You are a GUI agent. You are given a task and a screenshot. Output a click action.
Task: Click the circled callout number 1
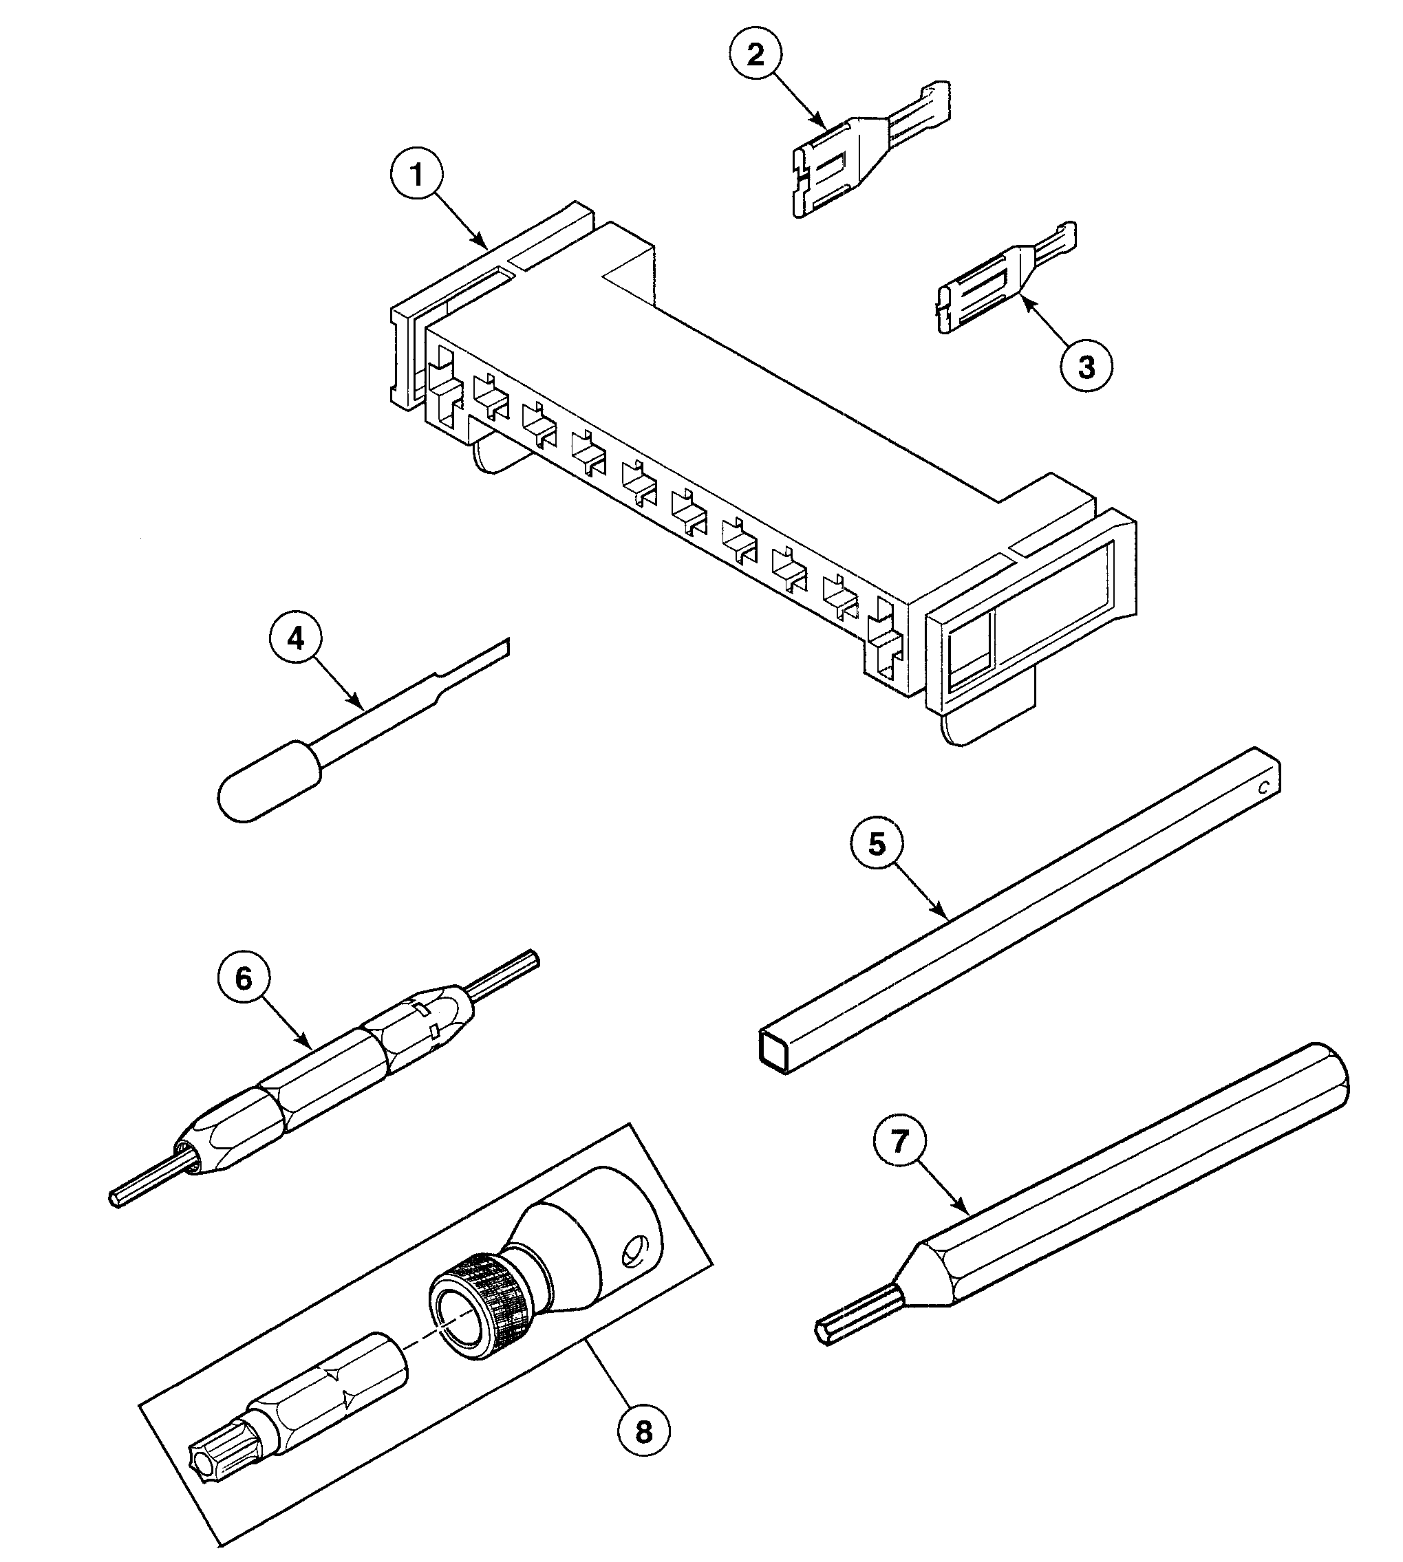coord(416,175)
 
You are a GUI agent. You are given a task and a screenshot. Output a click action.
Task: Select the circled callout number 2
coord(756,55)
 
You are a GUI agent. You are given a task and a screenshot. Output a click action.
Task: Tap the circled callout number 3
coord(1085,367)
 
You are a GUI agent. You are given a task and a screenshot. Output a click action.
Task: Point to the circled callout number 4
coord(296,640)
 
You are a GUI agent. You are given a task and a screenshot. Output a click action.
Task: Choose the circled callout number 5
coord(877,844)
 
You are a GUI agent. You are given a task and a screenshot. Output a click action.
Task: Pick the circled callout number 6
coord(243,979)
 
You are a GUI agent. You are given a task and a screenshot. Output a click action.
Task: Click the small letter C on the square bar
coord(1263,788)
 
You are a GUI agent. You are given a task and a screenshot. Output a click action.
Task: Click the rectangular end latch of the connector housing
coord(1029,609)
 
